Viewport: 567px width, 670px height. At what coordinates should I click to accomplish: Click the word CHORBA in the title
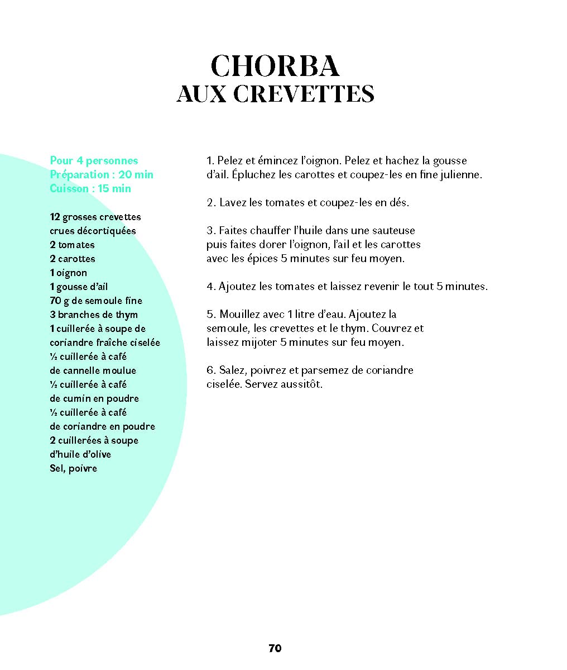point(275,66)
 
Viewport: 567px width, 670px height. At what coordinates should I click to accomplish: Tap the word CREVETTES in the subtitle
point(304,94)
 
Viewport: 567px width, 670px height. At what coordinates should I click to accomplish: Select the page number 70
point(275,648)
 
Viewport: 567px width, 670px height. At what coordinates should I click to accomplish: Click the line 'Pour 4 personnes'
point(94,160)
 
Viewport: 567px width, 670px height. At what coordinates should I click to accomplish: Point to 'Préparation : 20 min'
point(101,174)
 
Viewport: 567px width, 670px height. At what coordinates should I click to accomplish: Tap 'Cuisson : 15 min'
point(90,188)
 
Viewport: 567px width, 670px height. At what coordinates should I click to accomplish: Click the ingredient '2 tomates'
point(72,245)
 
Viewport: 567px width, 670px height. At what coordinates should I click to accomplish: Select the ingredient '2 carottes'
point(73,259)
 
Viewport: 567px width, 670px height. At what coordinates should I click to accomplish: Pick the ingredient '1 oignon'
point(68,273)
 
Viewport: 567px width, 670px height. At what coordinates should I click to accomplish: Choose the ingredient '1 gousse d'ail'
point(79,287)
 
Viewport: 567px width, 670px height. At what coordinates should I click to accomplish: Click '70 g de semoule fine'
point(96,301)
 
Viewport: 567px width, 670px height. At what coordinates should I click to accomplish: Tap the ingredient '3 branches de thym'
point(94,315)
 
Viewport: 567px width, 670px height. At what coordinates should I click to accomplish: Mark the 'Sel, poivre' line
point(73,468)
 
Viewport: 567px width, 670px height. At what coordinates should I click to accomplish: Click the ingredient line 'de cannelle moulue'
point(93,370)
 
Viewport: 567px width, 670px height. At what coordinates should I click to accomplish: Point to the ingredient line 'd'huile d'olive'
point(80,454)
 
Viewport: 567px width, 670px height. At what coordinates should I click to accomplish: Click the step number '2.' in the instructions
point(211,202)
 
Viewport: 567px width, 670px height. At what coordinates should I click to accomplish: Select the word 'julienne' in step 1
point(462,174)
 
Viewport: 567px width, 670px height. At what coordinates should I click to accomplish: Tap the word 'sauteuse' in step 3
point(394,230)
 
